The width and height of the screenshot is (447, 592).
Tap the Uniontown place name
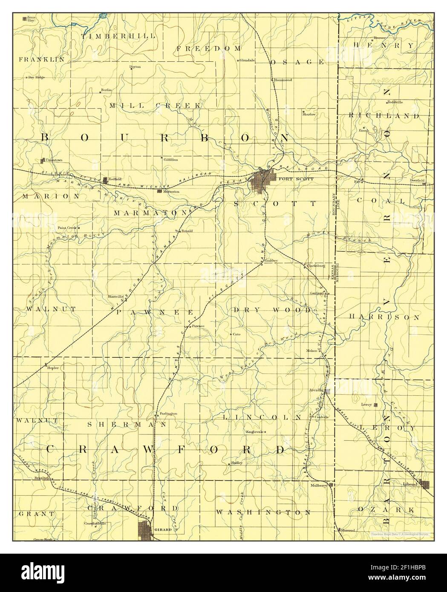[54, 160]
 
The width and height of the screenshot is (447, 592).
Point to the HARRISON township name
[384, 317]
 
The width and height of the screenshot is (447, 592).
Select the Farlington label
[168, 414]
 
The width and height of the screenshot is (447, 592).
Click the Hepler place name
[52, 367]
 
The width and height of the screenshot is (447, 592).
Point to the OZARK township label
[386, 509]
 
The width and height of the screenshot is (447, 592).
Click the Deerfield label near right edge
[417, 181]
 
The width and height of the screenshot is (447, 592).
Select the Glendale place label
[247, 60]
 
